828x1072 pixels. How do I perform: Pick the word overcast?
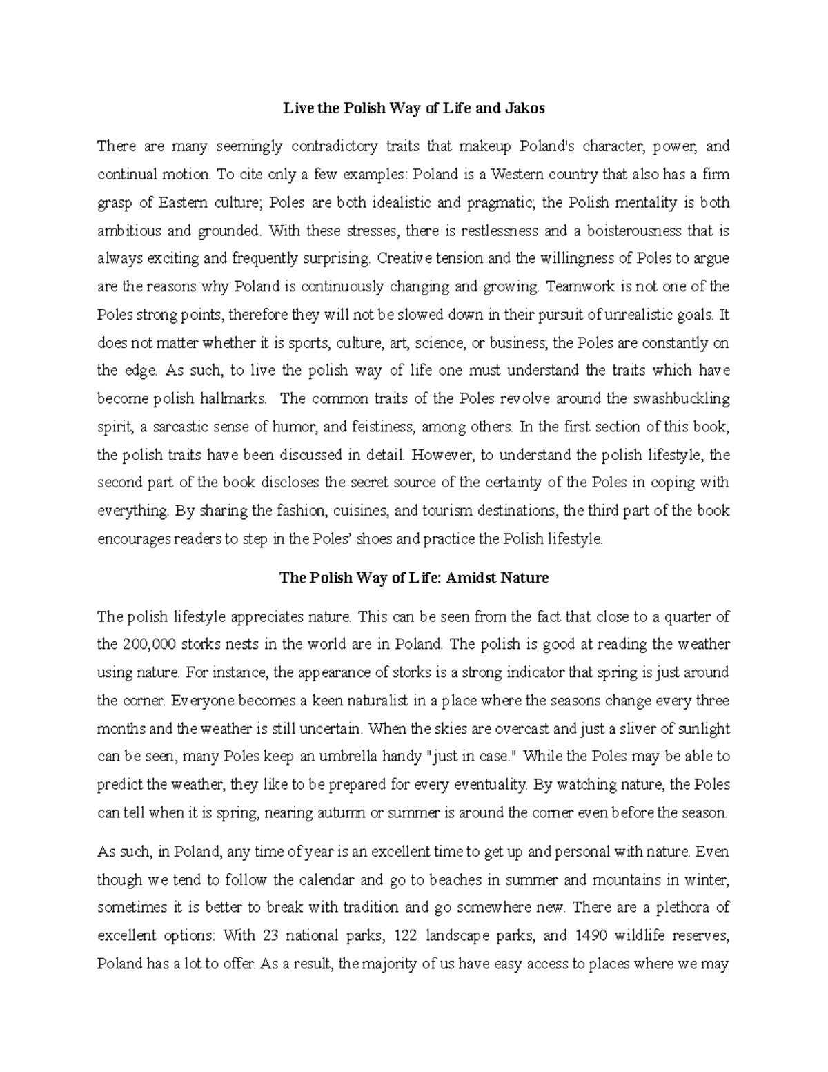[598, 728]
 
